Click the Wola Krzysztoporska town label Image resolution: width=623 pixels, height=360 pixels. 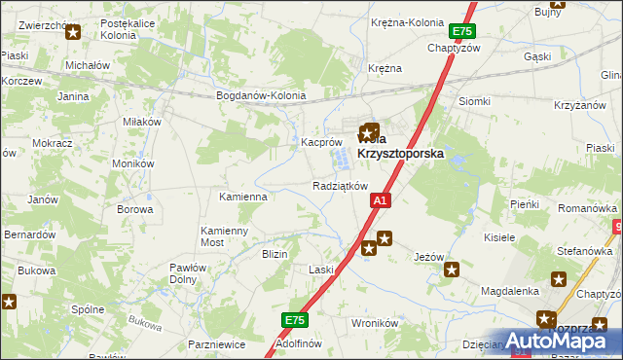[x=397, y=145]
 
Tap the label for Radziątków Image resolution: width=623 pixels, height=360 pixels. [x=340, y=185]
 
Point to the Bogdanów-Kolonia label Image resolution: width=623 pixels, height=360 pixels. [x=261, y=96]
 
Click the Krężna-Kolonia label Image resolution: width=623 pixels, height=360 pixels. [x=407, y=21]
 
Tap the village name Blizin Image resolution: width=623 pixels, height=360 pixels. [x=275, y=253]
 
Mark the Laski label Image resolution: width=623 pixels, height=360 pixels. [x=321, y=269]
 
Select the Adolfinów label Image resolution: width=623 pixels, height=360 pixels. [x=299, y=343]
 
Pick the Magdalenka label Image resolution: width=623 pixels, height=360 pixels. [x=510, y=291]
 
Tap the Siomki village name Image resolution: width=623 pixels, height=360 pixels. [x=474, y=101]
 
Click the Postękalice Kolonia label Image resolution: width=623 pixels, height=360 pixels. [x=136, y=27]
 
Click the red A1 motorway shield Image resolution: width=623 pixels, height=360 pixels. [x=381, y=200]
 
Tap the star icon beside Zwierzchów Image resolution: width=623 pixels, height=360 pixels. [x=72, y=31]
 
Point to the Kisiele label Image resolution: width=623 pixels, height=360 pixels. [x=499, y=236]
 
